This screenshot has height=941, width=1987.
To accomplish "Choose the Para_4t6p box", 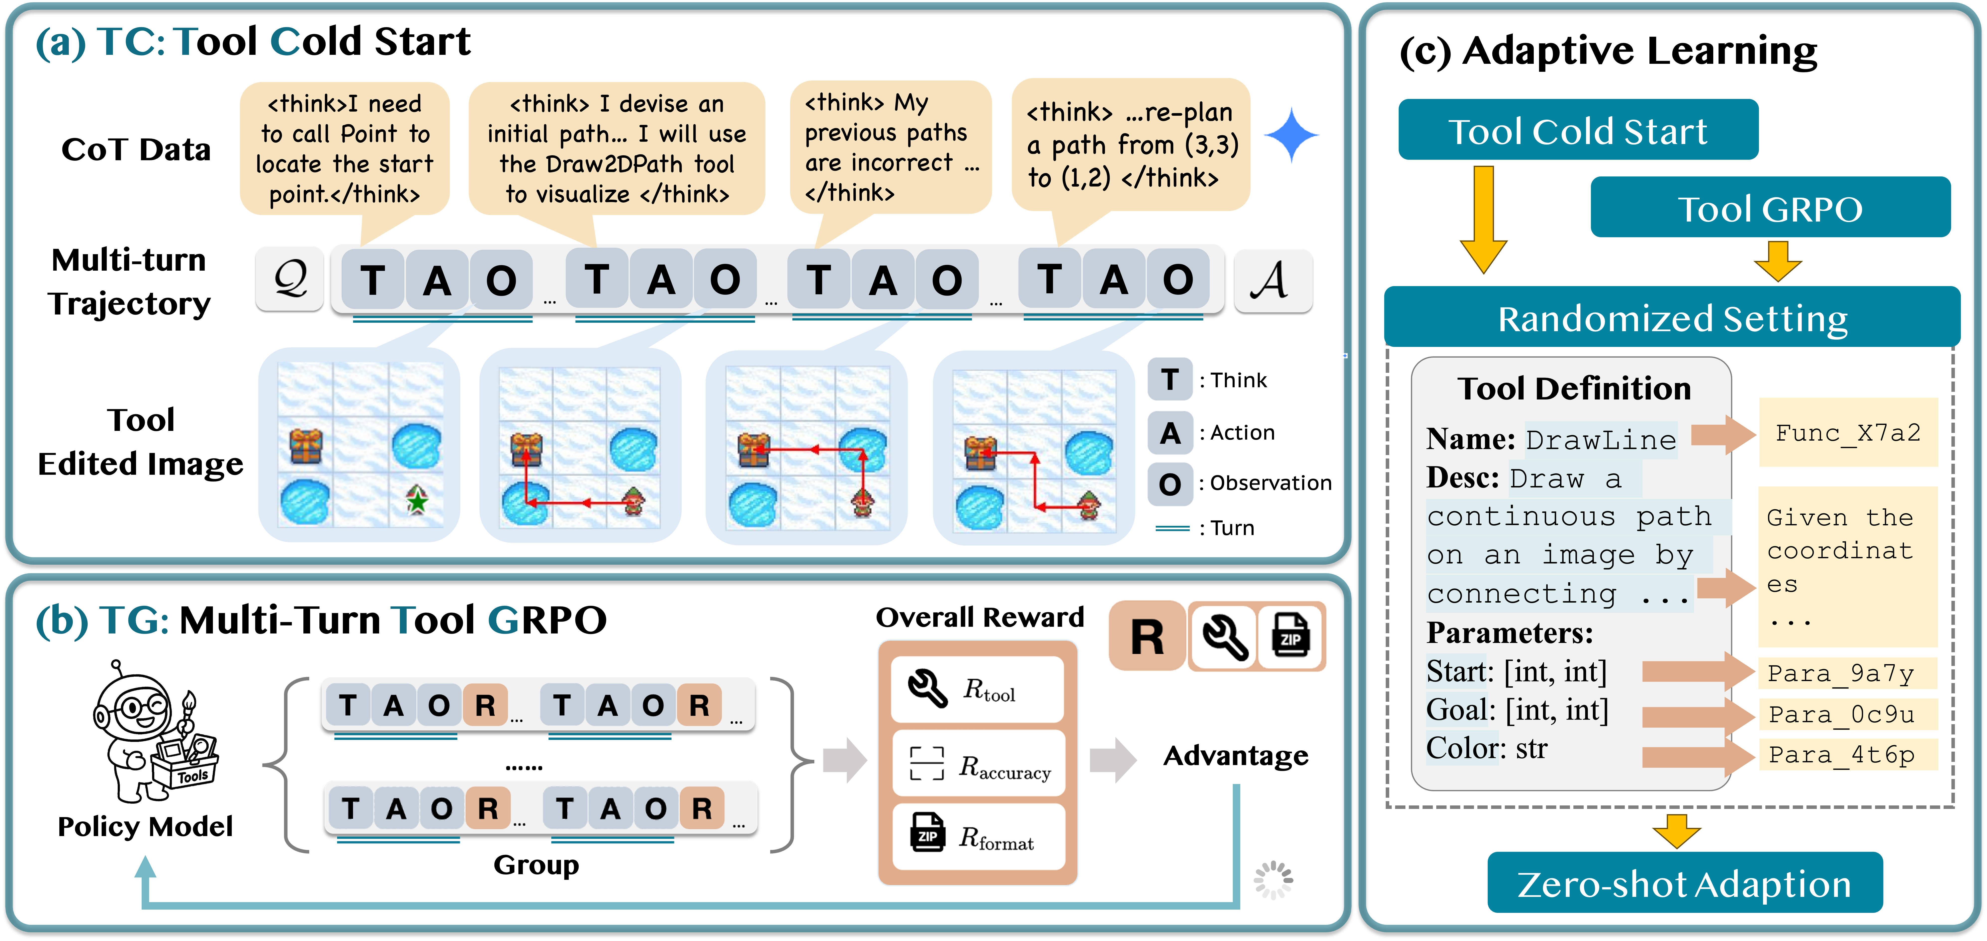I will (1847, 754).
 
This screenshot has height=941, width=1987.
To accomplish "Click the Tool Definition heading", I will (1574, 388).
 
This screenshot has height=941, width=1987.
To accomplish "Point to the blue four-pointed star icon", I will (1290, 136).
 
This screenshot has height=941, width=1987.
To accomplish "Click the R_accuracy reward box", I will (978, 764).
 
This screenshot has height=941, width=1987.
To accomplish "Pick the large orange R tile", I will (1146, 637).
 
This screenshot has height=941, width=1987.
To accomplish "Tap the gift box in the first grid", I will (305, 446).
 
